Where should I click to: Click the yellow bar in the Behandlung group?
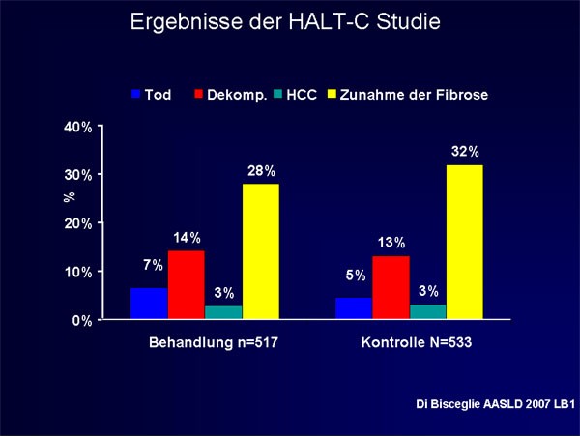[x=261, y=251]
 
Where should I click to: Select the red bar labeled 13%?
[x=391, y=287]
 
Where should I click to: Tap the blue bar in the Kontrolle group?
[x=354, y=308]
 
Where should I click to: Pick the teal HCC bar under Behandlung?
[x=223, y=312]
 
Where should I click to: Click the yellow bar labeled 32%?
[x=465, y=242]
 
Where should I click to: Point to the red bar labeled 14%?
[x=187, y=285]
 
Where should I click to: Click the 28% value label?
[x=262, y=171]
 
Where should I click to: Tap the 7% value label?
[x=153, y=265]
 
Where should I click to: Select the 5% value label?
[x=356, y=276]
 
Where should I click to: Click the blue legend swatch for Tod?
[x=136, y=94]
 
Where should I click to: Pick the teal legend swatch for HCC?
[x=277, y=94]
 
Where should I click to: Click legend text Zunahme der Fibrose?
[x=414, y=95]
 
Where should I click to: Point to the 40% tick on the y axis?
[x=100, y=126]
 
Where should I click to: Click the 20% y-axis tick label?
[x=78, y=223]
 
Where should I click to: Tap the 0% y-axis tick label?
[x=82, y=320]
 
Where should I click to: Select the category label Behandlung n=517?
[x=214, y=342]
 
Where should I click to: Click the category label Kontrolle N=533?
[x=417, y=342]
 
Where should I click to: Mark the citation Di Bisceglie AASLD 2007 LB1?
[x=496, y=404]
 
